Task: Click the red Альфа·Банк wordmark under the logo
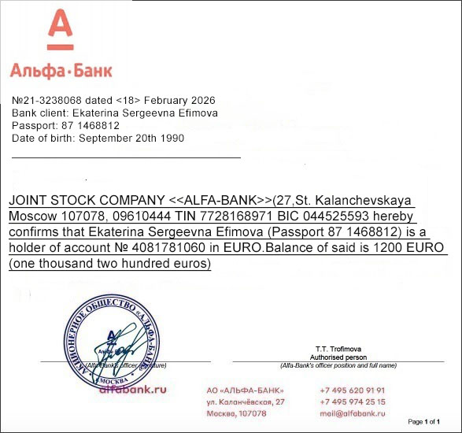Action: (x=61, y=71)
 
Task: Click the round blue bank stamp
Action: (x=116, y=339)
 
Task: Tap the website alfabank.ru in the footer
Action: (x=133, y=389)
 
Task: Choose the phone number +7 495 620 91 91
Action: (x=353, y=390)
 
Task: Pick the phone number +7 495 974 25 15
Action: (x=353, y=402)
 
